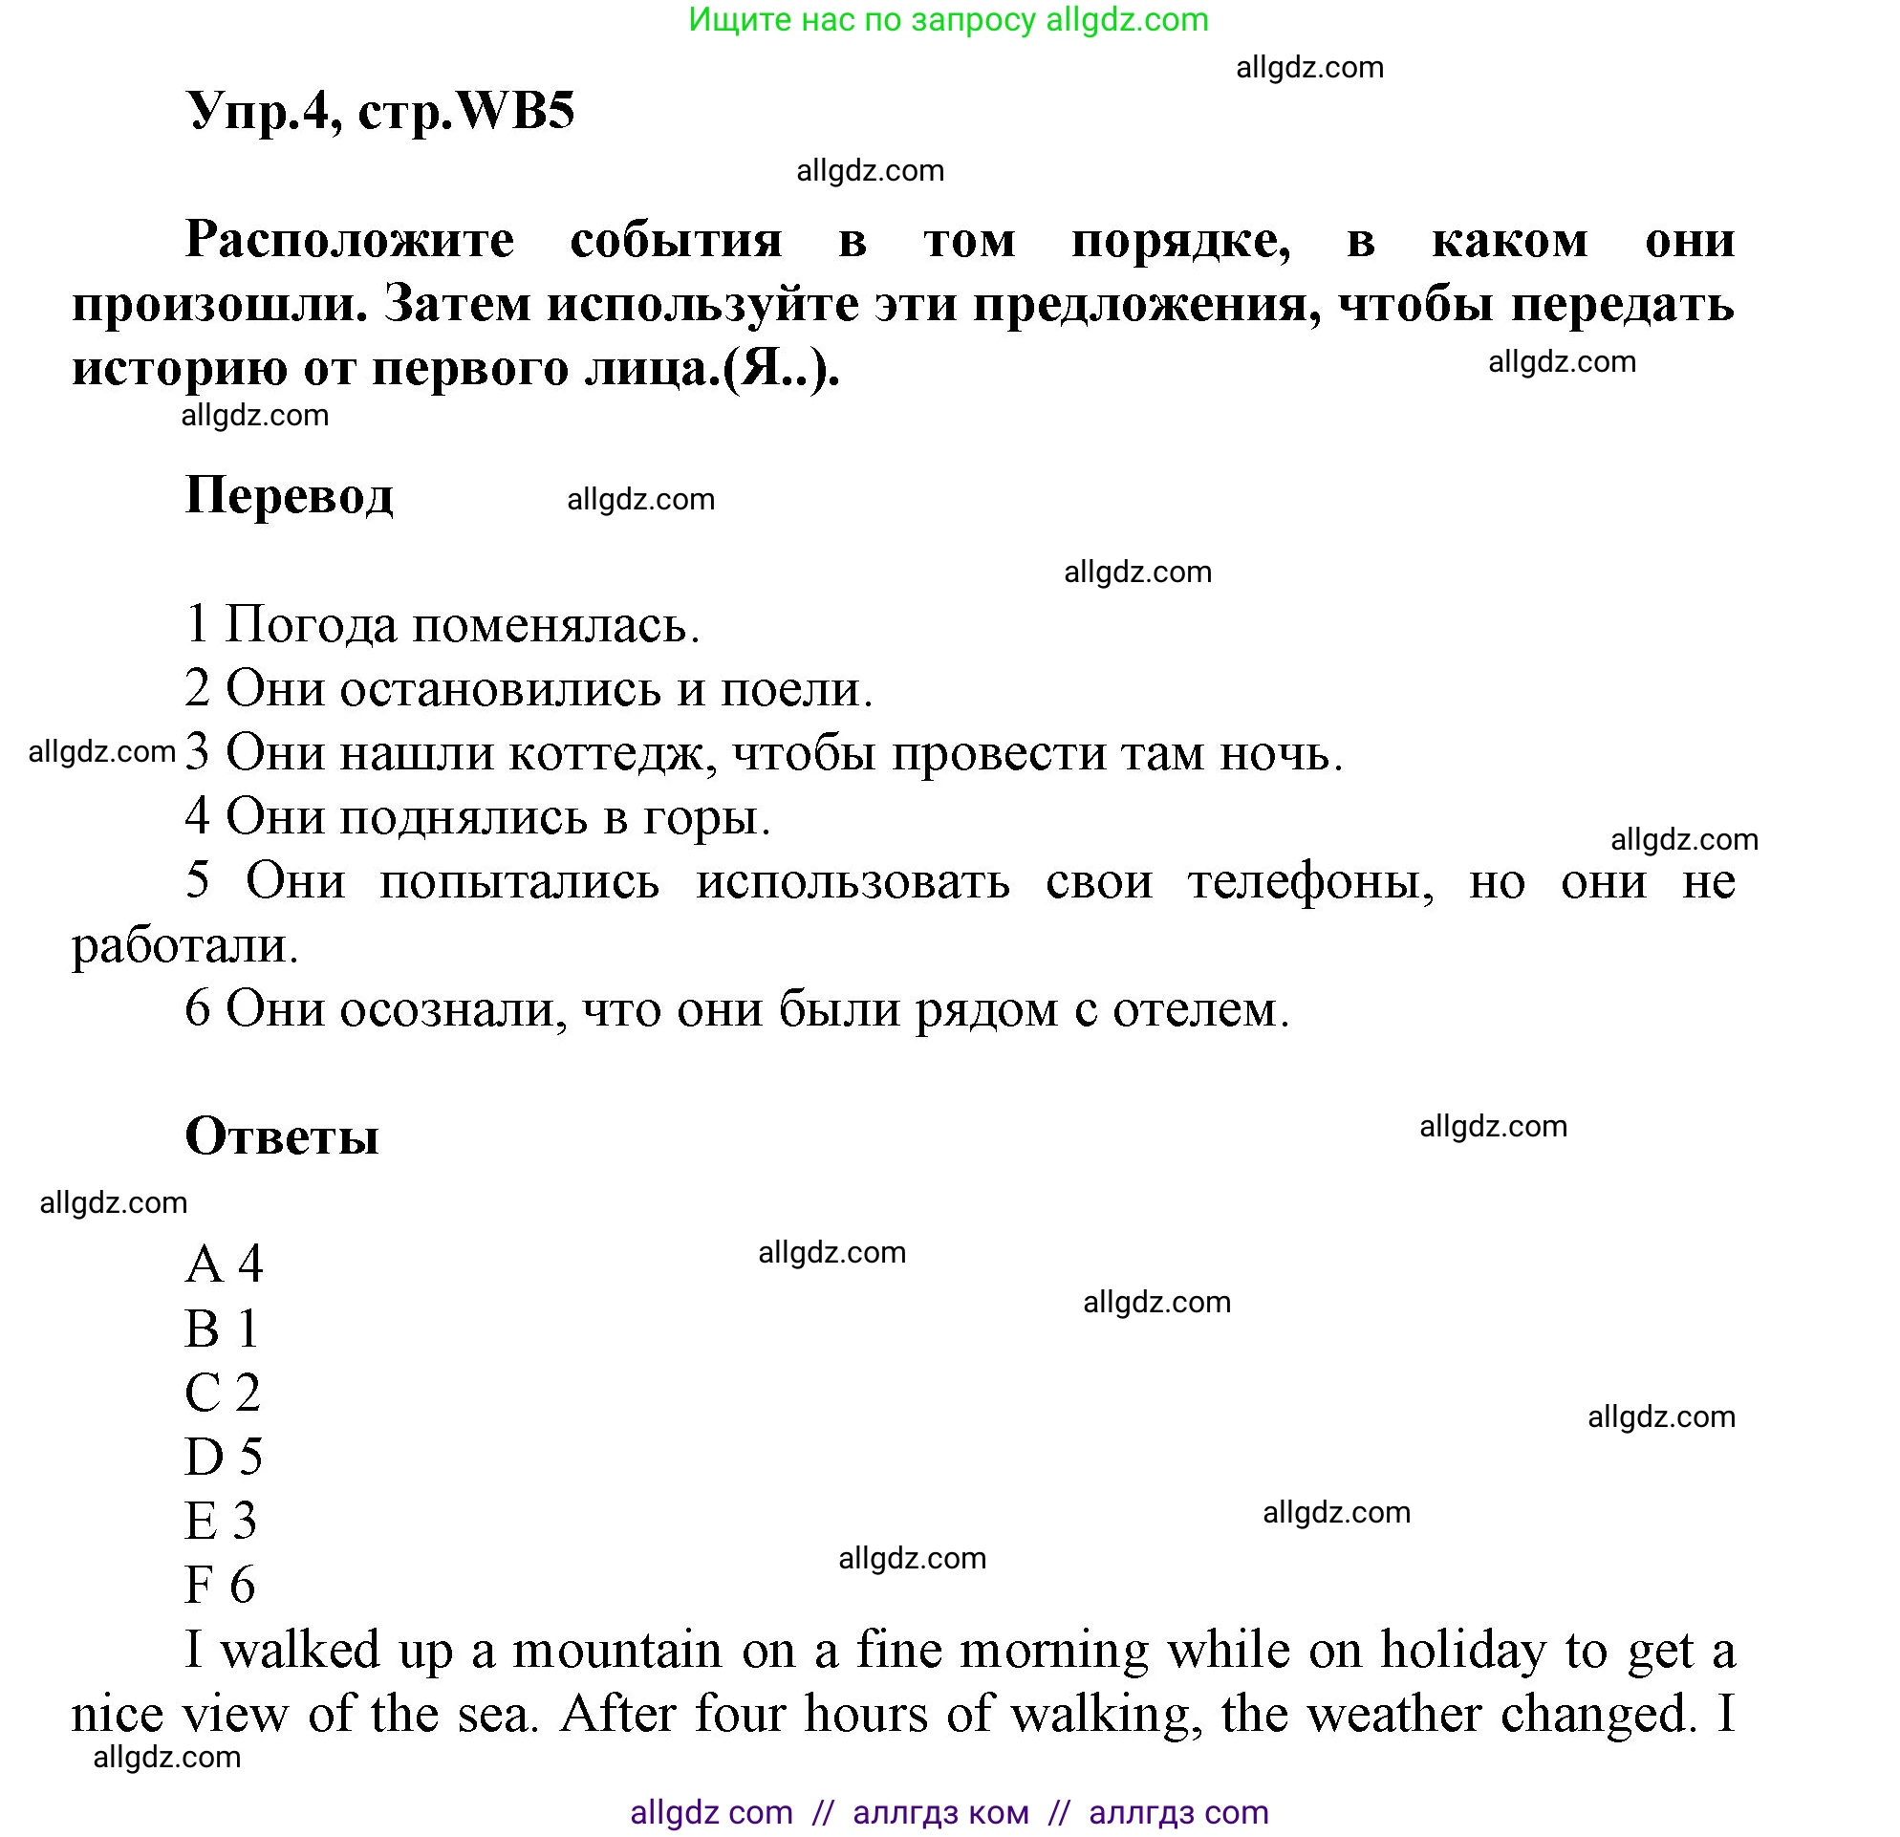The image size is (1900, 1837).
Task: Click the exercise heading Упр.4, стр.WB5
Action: point(380,111)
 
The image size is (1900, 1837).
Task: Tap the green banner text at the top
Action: point(948,20)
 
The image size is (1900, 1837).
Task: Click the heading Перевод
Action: point(289,495)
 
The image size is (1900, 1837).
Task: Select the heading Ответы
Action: point(281,1135)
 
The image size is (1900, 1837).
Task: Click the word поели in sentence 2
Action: point(795,689)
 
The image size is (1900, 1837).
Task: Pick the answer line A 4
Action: point(224,1264)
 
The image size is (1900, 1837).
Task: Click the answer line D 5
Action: point(224,1456)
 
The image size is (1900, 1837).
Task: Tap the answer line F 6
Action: point(220,1584)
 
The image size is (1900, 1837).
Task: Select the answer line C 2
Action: point(223,1392)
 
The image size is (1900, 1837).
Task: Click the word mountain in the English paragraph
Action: point(617,1650)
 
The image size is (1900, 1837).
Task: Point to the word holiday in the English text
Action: point(1463,1650)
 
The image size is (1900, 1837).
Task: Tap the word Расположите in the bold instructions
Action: point(349,240)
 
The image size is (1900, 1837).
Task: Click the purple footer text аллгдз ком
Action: point(940,1812)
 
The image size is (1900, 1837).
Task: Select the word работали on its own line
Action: point(184,945)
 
